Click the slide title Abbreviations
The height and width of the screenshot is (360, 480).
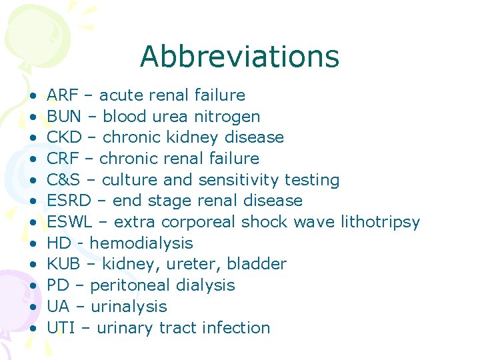click(239, 57)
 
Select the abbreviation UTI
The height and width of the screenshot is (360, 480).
click(61, 328)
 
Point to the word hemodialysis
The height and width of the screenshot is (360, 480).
click(141, 243)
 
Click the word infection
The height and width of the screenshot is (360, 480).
click(236, 328)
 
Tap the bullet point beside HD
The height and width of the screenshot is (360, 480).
click(33, 243)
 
